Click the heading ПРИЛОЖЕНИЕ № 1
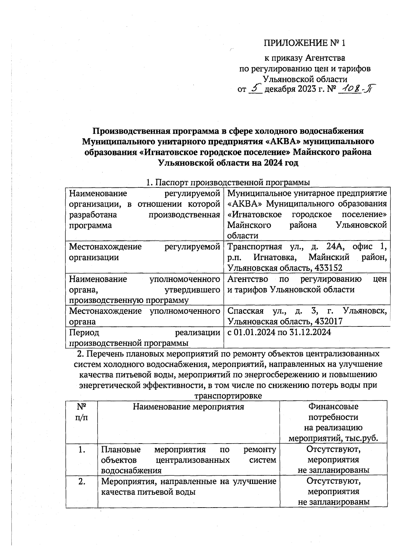tap(304, 43)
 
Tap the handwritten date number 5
tap(255, 89)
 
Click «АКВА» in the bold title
tap(280, 141)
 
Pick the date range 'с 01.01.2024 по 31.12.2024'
tap(279, 332)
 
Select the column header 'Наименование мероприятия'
tap(188, 406)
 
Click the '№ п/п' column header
tap(82, 411)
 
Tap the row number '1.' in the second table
tap(82, 450)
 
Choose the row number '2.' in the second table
tap(82, 481)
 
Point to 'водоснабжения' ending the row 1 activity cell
tap(131, 470)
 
